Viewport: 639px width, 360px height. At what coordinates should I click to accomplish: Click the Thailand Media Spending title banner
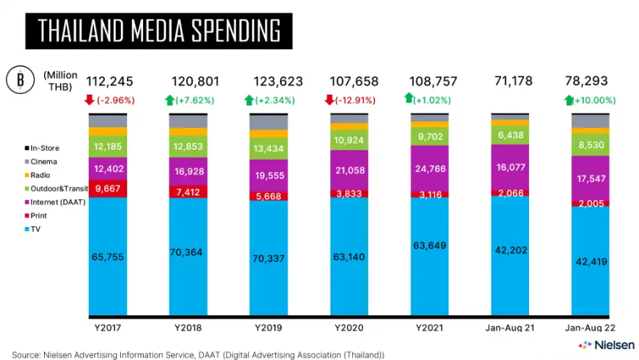click(x=158, y=31)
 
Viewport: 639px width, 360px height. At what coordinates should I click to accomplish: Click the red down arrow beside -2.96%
click(x=89, y=100)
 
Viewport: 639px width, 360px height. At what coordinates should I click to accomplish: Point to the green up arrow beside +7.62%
click(x=169, y=100)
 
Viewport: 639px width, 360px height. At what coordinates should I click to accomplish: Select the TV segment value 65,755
click(x=108, y=257)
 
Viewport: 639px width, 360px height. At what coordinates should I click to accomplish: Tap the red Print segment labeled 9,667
click(x=108, y=189)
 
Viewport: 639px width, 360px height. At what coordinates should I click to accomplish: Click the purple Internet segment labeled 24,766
click(x=429, y=169)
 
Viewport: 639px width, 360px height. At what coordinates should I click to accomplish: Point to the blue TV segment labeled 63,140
click(x=349, y=257)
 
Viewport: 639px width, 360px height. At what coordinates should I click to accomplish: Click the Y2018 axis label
click(x=189, y=327)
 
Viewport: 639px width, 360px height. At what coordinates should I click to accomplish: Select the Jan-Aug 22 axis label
click(x=590, y=327)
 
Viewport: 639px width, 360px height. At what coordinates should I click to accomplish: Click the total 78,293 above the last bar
click(x=586, y=82)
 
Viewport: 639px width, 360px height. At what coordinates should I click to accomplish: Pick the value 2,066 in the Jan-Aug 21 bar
click(x=511, y=192)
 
